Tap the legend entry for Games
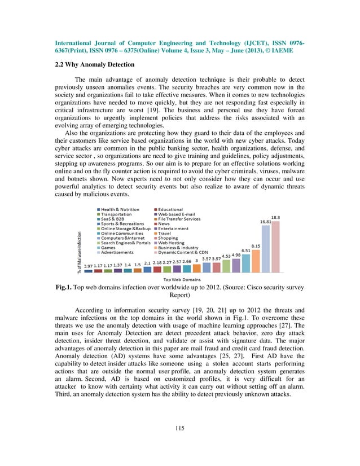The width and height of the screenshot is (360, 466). pyautogui.click(x=109, y=247)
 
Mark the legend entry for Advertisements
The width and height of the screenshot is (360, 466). pyautogui.click(x=117, y=252)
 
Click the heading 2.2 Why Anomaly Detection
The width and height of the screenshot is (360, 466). pyautogui.click(x=95, y=64)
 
